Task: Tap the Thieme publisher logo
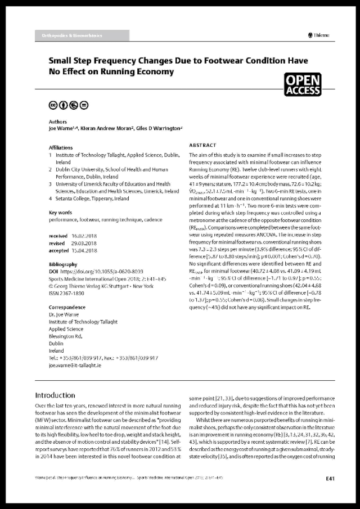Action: coord(320,35)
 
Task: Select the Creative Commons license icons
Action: coord(66,106)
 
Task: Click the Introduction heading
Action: coord(55,395)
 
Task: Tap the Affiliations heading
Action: coord(61,147)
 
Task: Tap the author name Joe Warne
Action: coord(62,129)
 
